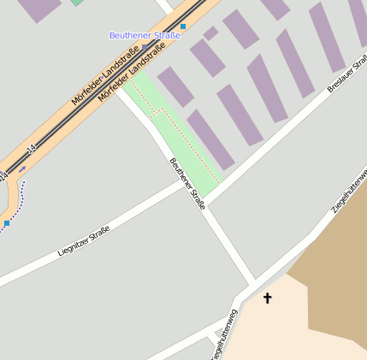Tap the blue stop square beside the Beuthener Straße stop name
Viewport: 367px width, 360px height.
(x=182, y=27)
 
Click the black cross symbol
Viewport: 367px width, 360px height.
(x=267, y=298)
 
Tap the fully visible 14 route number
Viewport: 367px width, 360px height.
(x=31, y=150)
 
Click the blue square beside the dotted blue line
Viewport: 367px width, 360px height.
(x=7, y=223)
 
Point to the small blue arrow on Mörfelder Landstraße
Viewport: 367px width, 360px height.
(x=22, y=168)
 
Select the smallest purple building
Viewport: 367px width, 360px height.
(x=210, y=32)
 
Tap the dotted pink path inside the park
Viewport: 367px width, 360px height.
(x=184, y=137)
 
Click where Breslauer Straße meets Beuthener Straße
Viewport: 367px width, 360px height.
(x=205, y=204)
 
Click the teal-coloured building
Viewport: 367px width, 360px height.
(x=77, y=3)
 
